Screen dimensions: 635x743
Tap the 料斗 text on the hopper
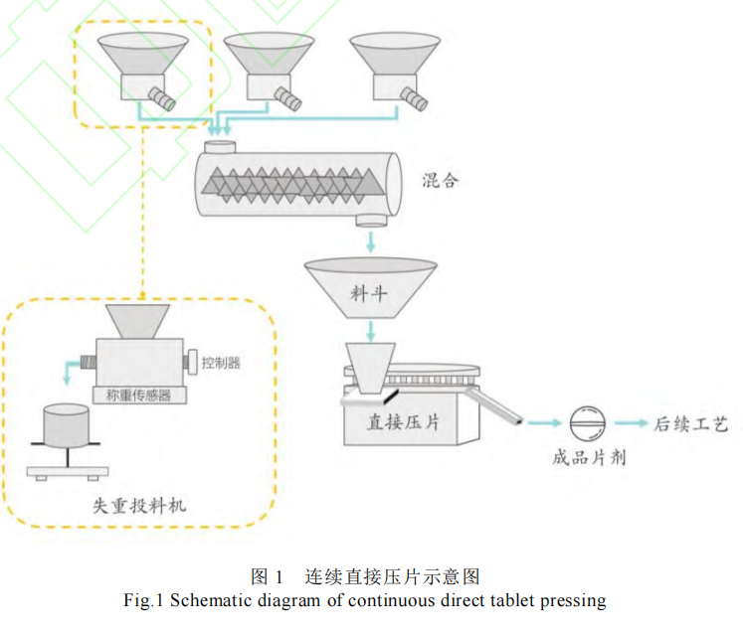(x=370, y=293)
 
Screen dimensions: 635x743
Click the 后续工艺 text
(x=691, y=424)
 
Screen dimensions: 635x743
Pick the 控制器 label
(x=221, y=362)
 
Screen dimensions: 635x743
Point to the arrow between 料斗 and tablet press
(x=370, y=330)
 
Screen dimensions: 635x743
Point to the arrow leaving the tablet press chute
(x=540, y=424)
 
